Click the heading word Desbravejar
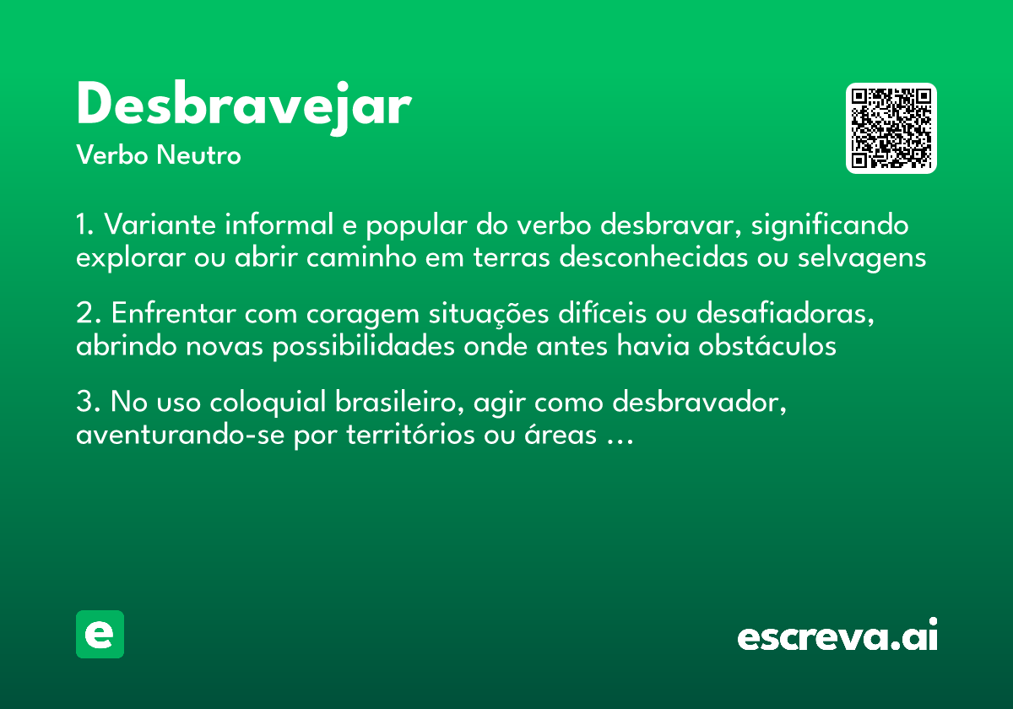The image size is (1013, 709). click(x=243, y=106)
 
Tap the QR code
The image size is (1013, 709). click(x=891, y=128)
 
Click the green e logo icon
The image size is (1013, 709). click(x=100, y=634)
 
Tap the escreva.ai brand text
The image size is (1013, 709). click(x=837, y=636)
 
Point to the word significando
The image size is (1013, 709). click(x=830, y=226)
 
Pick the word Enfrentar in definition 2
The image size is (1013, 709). click(x=174, y=314)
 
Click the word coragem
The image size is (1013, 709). click(x=366, y=314)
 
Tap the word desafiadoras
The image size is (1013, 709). click(x=784, y=314)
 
